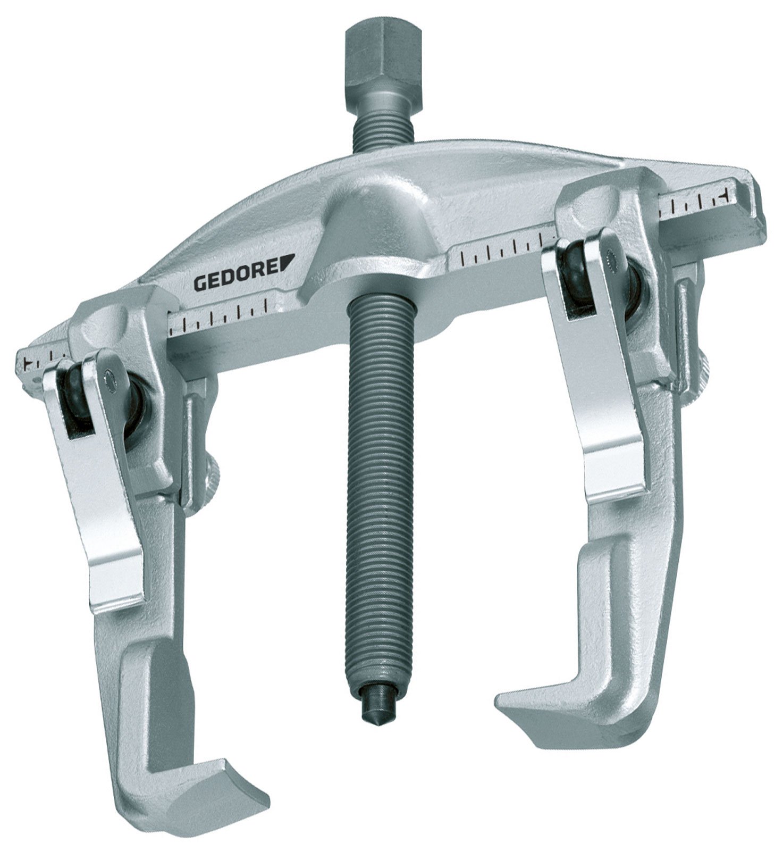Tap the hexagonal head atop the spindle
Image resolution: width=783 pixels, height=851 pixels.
380,59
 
